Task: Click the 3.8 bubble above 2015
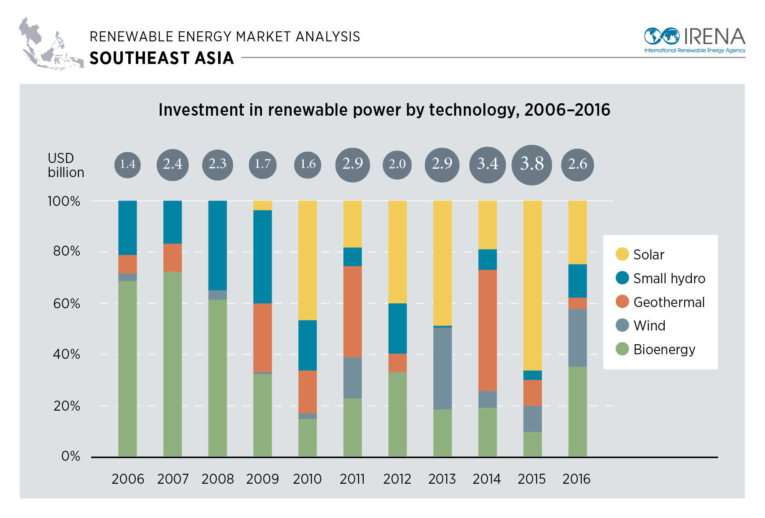[x=531, y=164]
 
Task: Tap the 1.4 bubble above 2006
[x=127, y=164]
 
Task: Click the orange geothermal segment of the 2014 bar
[x=487, y=330]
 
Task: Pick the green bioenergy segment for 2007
[x=173, y=363]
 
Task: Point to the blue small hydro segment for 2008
[x=217, y=245]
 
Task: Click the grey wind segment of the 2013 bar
[x=442, y=368]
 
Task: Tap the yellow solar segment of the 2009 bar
[x=262, y=205]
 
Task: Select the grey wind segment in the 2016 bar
[x=577, y=338]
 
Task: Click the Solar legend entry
[x=648, y=254]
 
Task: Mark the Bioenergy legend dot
[x=622, y=349]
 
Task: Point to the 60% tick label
[x=66, y=303]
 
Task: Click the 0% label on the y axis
[x=71, y=456]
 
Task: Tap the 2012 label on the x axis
[x=397, y=479]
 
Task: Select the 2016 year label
[x=576, y=479]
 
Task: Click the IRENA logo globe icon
[x=661, y=36]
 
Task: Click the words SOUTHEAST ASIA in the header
[x=162, y=58]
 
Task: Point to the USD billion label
[x=66, y=165]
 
